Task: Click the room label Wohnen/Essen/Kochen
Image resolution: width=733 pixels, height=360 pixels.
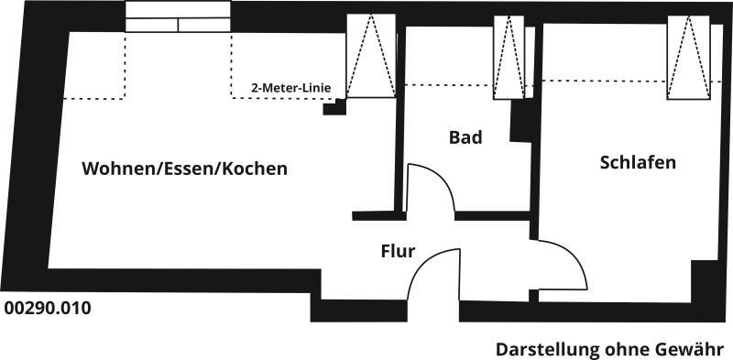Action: [184, 169]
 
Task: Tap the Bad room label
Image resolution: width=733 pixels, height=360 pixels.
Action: [465, 138]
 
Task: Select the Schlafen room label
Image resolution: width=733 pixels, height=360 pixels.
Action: [638, 163]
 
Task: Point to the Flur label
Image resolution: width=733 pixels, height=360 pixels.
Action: [399, 250]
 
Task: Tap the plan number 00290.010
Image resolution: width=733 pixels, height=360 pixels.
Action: [48, 309]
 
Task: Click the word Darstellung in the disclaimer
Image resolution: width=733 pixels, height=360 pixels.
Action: [546, 349]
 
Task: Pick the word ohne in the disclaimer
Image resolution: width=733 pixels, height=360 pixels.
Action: [624, 349]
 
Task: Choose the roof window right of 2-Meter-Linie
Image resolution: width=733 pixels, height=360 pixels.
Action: [370, 57]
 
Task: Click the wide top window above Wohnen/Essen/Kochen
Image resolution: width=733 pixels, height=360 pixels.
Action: [178, 17]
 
